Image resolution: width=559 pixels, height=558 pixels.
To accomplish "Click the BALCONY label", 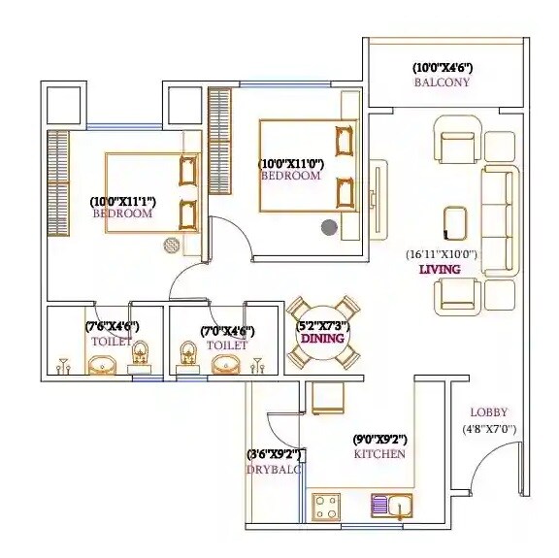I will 442,82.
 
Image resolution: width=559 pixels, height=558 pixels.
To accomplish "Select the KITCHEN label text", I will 379,453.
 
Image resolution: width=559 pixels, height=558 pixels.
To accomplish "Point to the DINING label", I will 322,339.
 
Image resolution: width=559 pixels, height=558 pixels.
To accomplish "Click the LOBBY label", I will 489,412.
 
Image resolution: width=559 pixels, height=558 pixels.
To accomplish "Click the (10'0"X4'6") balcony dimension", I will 442,68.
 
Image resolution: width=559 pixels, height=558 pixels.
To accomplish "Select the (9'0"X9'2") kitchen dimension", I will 379,439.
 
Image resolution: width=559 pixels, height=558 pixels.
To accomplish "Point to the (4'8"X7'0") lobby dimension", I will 489,429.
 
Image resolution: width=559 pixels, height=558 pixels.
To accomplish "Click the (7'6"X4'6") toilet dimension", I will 113,327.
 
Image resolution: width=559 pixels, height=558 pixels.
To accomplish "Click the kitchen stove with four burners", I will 326,506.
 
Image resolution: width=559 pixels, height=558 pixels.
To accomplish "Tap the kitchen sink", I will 392,506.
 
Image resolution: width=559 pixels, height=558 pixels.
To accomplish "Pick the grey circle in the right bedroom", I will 329,227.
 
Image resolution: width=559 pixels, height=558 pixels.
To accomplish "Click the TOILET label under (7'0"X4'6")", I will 227,345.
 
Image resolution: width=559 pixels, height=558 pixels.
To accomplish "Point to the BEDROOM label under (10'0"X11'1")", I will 122,213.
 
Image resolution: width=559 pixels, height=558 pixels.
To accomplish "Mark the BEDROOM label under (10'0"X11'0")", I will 290,176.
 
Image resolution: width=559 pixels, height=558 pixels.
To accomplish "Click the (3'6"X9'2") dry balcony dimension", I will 275,453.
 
